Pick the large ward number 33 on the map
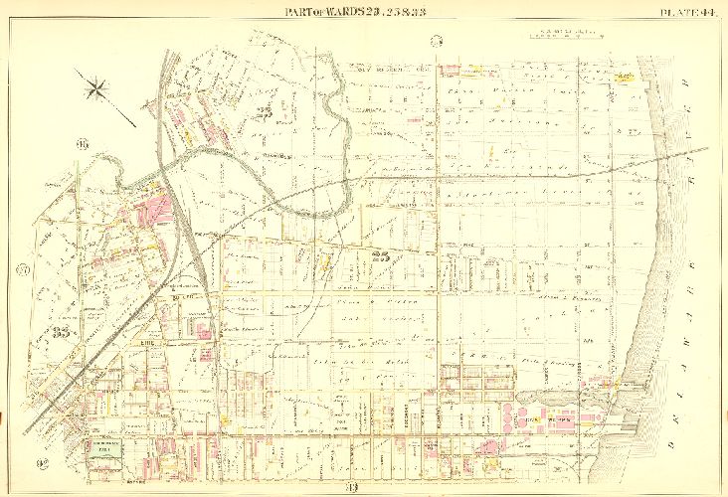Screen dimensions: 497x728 click(66, 334)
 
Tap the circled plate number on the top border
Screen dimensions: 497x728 click(436, 41)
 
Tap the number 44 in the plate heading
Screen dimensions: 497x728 click(704, 11)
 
